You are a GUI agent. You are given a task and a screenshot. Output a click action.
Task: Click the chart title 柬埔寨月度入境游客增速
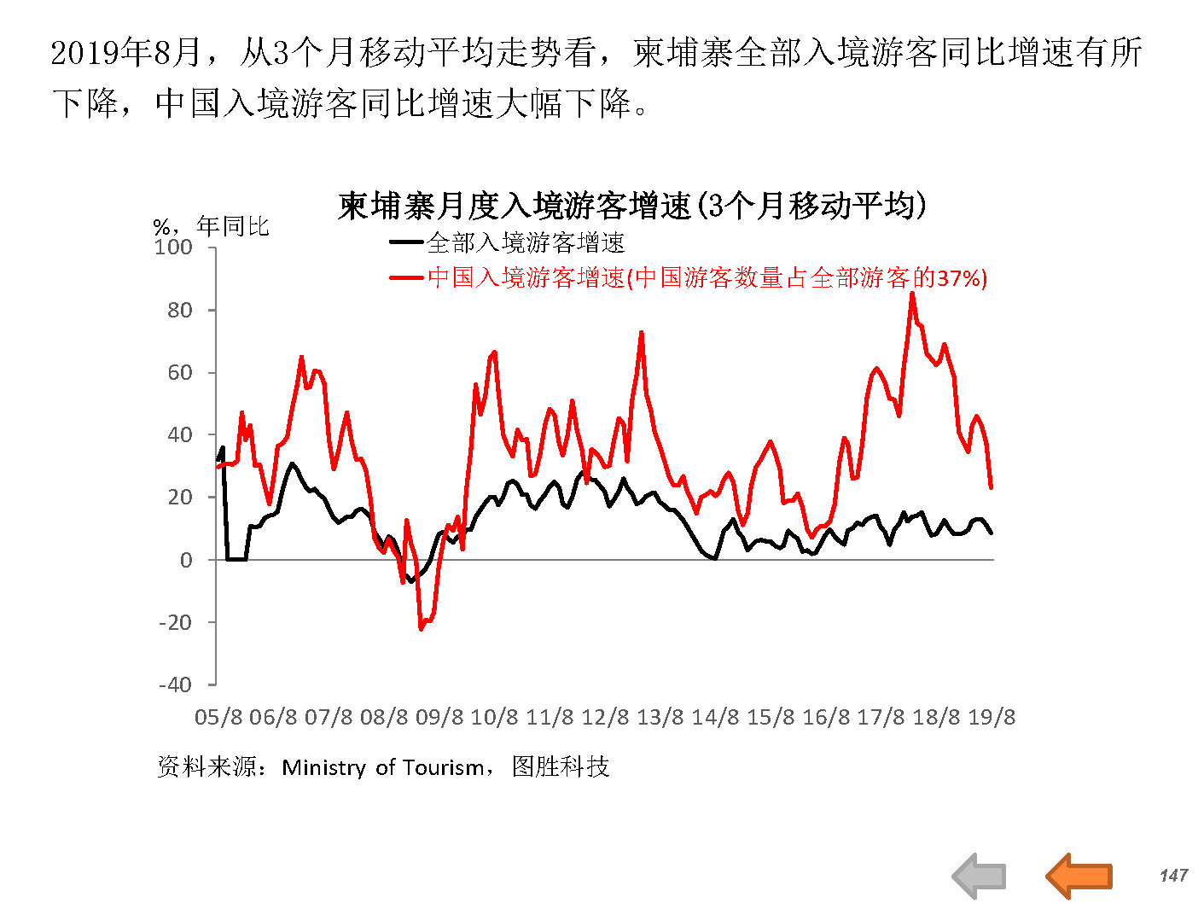(x=631, y=206)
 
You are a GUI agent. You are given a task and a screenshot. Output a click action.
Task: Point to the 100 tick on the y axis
(x=173, y=248)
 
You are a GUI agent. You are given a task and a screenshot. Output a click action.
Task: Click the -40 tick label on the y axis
(x=175, y=685)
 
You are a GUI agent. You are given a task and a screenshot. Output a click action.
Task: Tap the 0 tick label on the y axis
(x=186, y=560)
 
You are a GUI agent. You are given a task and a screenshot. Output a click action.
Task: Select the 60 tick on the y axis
(x=179, y=372)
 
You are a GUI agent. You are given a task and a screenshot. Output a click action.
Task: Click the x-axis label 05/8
(x=218, y=717)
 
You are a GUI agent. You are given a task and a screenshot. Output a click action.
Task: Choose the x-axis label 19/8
(x=992, y=717)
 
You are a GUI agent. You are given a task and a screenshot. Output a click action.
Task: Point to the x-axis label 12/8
(x=605, y=717)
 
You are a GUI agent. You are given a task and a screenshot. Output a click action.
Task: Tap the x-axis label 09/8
(x=439, y=717)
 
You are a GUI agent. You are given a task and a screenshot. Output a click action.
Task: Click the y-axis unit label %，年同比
(x=211, y=226)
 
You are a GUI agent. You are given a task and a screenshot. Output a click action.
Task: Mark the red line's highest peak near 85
(x=912, y=294)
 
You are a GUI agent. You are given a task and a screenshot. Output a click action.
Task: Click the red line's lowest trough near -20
(x=421, y=629)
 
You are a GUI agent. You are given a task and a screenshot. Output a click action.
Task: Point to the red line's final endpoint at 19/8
(x=991, y=487)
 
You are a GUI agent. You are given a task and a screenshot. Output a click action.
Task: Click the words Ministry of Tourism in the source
(x=383, y=767)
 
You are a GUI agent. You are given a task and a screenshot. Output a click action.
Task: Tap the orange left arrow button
(x=1079, y=876)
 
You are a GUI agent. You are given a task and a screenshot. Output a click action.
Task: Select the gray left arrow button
(x=979, y=876)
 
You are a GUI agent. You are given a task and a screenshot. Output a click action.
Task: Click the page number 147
(x=1173, y=876)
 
